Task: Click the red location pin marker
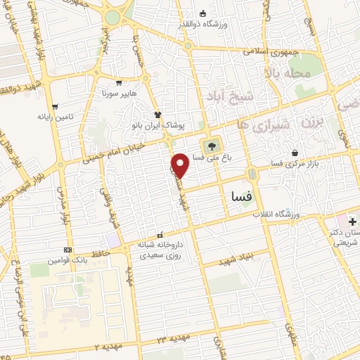click(x=180, y=165)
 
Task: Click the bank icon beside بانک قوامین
click(x=67, y=250)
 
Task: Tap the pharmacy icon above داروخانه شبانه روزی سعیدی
click(x=160, y=235)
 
